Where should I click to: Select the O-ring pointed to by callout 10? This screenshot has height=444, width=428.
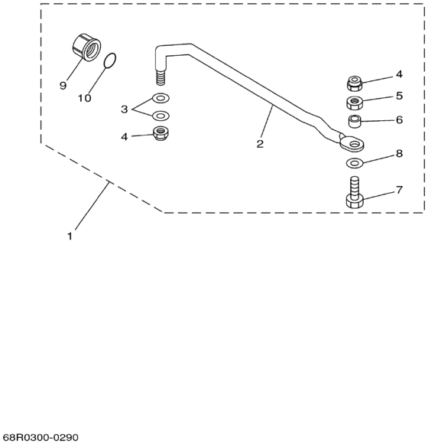[x=110, y=60]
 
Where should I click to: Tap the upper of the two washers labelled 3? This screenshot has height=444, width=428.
[x=160, y=98]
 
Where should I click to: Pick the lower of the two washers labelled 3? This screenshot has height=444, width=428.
[x=160, y=115]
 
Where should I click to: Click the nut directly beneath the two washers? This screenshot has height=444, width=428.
[x=160, y=133]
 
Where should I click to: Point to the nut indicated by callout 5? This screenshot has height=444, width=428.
[x=355, y=102]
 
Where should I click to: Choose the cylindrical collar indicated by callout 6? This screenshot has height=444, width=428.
[x=355, y=121]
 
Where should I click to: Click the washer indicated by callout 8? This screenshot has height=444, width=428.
[x=354, y=163]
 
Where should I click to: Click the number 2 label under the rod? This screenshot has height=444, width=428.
[x=260, y=144]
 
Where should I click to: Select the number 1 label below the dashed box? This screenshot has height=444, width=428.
[x=70, y=237]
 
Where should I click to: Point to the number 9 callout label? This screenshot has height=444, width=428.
[x=63, y=86]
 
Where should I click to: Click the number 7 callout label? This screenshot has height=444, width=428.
[x=399, y=188]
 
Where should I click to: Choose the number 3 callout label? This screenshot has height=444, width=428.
[x=124, y=109]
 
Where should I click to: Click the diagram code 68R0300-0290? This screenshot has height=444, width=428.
[x=41, y=436]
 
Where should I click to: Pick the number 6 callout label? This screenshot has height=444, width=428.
[x=399, y=119]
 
